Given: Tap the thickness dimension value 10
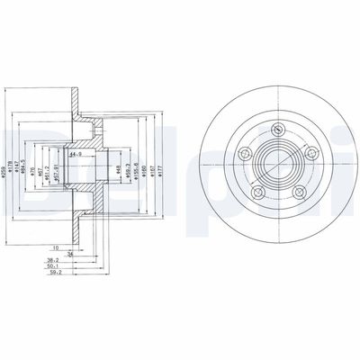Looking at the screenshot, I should (x=55, y=246).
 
